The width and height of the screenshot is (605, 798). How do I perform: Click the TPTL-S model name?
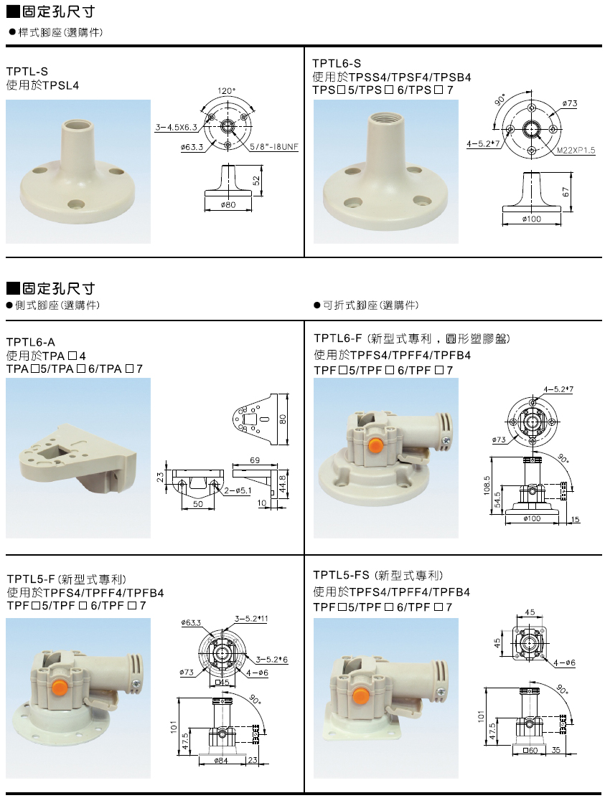click(27, 71)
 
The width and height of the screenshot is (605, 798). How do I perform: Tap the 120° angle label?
click(227, 91)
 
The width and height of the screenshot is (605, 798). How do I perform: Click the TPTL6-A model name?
click(32, 341)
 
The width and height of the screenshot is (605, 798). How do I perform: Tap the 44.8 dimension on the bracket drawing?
click(283, 483)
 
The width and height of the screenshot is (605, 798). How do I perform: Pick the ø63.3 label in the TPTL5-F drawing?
click(191, 622)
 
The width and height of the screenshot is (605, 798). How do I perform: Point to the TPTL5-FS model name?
click(341, 575)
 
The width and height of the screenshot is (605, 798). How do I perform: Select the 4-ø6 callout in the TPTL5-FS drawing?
click(564, 663)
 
